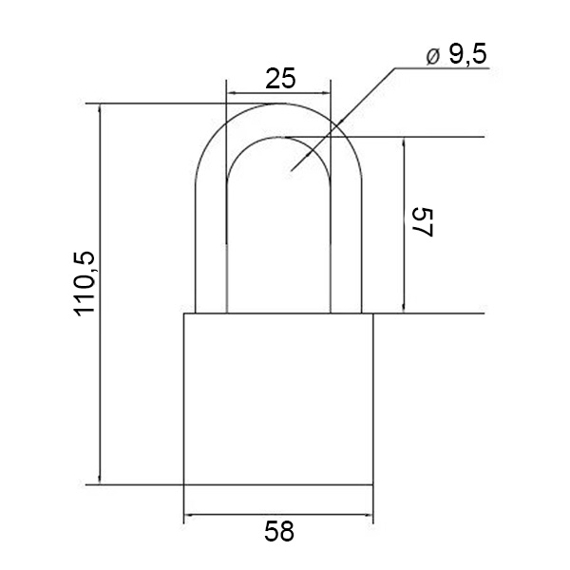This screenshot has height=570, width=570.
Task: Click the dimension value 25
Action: [x=280, y=79]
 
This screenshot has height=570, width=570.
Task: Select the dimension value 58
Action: [x=278, y=531]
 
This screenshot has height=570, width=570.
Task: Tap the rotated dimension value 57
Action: [x=423, y=222]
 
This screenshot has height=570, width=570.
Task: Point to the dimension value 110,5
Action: [x=85, y=283]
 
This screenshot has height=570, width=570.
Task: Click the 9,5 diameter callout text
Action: [x=467, y=54]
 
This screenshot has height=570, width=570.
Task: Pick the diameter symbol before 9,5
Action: [x=433, y=57]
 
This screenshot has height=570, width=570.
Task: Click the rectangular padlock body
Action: [x=278, y=399]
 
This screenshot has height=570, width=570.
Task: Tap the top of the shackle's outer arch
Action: [x=278, y=104]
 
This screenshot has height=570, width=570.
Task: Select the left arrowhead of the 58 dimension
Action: [x=189, y=515]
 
